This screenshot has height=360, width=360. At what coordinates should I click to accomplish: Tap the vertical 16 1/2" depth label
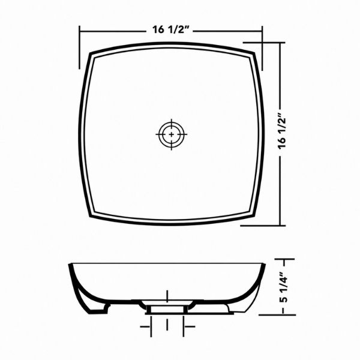282,134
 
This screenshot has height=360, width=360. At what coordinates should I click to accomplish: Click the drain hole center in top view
172,134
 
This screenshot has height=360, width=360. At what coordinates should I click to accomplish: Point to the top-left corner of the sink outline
89,53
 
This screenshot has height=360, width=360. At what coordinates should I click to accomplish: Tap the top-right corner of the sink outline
254,53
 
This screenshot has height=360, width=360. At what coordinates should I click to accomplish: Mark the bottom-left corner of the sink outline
90,216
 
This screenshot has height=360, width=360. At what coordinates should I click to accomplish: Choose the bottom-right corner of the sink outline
254,215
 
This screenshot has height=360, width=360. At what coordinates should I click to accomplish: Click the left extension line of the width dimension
79,47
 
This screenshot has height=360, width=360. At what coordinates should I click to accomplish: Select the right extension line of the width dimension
262,48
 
